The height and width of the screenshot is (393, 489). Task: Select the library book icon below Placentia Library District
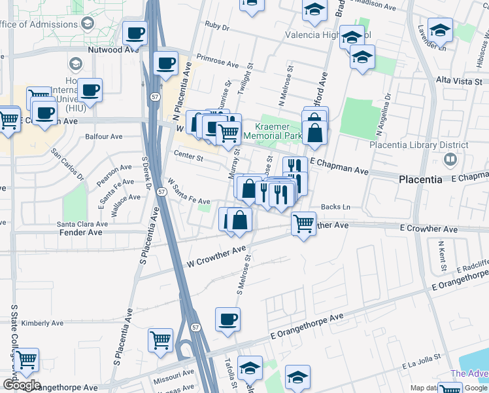pos(450,159)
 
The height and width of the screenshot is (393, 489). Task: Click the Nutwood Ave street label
pos(114,49)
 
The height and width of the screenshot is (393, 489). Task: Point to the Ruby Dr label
pos(217,28)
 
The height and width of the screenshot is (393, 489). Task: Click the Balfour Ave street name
pos(104,137)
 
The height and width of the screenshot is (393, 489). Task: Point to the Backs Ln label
pos(338,208)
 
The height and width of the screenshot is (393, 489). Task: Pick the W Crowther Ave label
pos(216,256)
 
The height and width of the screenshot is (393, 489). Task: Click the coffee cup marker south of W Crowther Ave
pos(227,320)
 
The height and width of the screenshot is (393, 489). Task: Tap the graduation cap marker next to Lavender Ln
pos(440,29)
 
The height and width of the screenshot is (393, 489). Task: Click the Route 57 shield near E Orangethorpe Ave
pos(196,326)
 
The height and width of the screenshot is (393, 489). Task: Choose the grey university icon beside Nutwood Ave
pos(75,64)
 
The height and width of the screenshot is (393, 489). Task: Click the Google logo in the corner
pos(21,385)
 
